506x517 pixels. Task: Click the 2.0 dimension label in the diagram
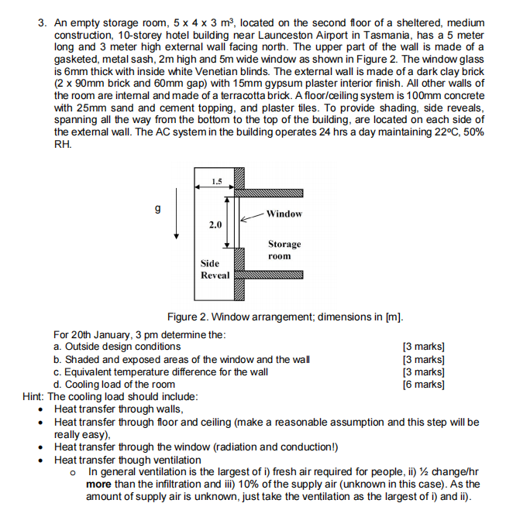pyautogui.click(x=215, y=224)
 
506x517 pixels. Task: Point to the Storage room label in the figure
pyautogui.click(x=284, y=249)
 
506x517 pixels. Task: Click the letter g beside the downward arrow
pyautogui.click(x=160, y=208)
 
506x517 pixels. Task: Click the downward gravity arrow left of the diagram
pyautogui.click(x=177, y=217)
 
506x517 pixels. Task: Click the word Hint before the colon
pyautogui.click(x=34, y=396)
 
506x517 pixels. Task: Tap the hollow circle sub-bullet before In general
pyautogui.click(x=73, y=471)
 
